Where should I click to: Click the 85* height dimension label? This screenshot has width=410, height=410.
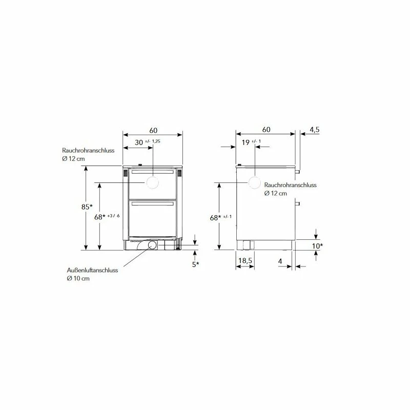[87, 207]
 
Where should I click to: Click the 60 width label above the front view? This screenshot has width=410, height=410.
[153, 130]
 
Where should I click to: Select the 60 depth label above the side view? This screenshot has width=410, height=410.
[266, 130]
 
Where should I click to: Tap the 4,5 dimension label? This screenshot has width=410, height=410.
[315, 130]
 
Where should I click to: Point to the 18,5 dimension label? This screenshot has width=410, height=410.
[245, 260]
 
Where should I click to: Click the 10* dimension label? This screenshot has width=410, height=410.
[317, 246]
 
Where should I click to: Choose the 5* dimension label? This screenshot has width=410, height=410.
[196, 264]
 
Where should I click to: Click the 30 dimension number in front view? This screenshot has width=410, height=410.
[139, 142]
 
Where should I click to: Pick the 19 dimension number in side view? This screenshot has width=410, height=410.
[245, 142]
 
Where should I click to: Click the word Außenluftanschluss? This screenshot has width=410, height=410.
[92, 270]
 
